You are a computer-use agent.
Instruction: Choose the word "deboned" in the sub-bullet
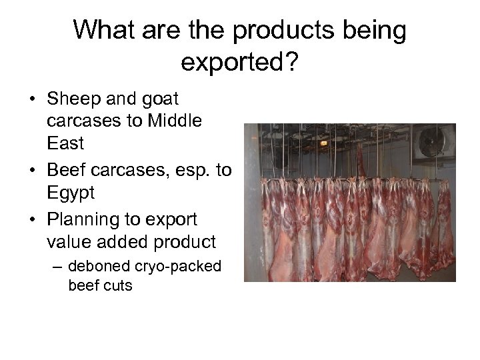(x=96, y=267)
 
